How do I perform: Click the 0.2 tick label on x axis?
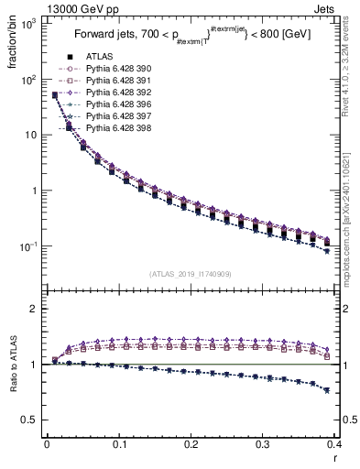tap(191, 443)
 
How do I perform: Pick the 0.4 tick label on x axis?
tap(333, 443)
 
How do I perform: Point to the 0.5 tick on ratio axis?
tap(31, 420)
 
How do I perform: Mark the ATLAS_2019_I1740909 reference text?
tap(191, 274)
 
